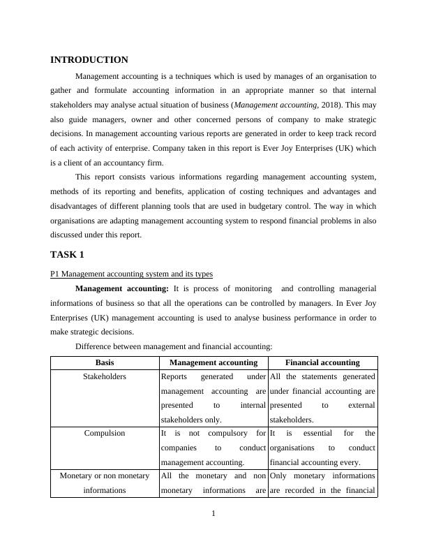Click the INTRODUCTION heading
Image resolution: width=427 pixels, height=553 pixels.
(89, 60)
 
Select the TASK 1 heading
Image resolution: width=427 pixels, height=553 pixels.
(67, 254)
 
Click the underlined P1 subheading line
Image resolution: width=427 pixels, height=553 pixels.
(131, 274)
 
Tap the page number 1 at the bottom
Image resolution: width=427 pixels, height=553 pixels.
(213, 515)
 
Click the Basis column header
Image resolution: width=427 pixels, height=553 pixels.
(105, 362)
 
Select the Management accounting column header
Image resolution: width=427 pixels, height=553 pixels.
(213, 362)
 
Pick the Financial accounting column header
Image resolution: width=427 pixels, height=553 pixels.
(322, 362)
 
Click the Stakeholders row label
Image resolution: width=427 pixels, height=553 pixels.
(105, 376)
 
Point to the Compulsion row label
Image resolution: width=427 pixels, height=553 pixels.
(105, 433)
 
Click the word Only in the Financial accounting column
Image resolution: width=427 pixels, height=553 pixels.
(278, 476)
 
